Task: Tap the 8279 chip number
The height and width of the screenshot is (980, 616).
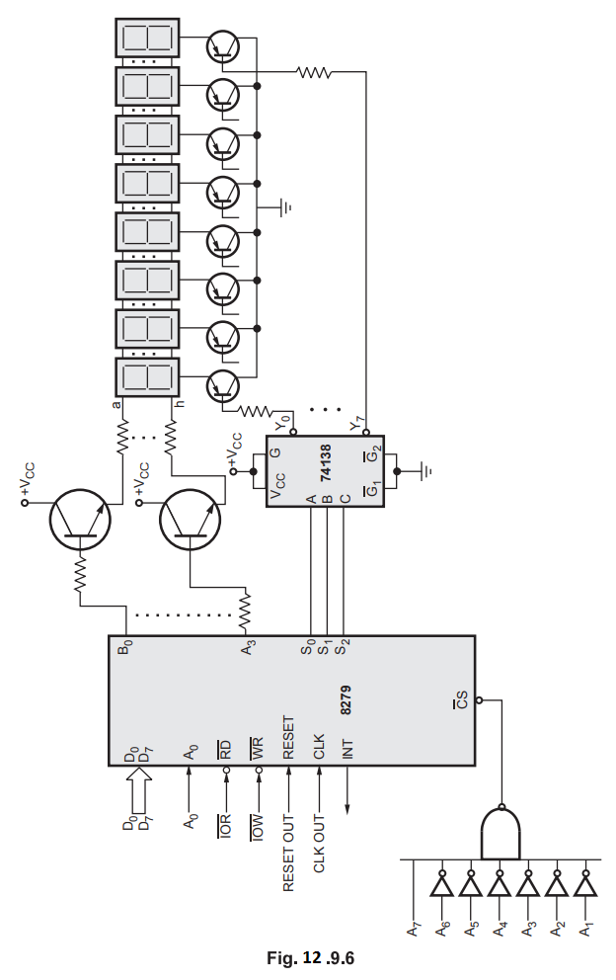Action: (346, 699)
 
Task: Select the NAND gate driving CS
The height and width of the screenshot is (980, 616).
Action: (500, 834)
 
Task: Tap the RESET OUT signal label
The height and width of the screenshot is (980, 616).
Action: (288, 852)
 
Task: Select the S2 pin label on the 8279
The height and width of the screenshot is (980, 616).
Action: (343, 648)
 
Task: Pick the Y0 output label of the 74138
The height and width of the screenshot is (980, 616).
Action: (279, 420)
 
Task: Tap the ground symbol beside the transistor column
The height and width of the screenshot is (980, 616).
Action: (286, 206)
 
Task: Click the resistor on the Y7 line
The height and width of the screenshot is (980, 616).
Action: (315, 71)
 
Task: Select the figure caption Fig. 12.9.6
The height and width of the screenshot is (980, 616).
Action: (310, 957)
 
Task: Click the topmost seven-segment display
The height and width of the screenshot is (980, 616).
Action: (147, 38)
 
